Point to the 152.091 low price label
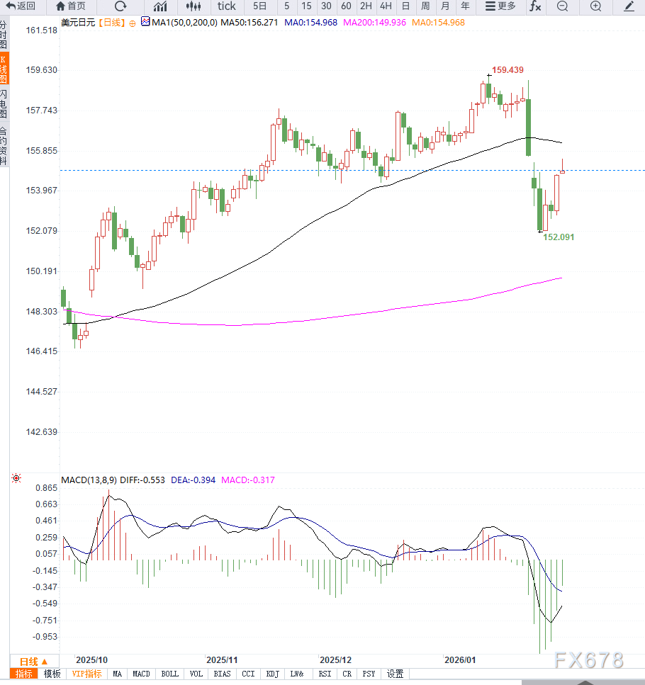(x=559, y=237)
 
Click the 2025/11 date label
(x=220, y=659)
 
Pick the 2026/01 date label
(x=459, y=659)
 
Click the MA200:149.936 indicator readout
(x=374, y=23)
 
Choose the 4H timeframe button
(x=386, y=6)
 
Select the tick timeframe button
(x=227, y=6)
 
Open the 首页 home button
(x=71, y=6)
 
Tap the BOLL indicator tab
(x=170, y=674)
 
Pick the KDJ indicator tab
(x=273, y=674)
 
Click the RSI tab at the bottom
(x=325, y=674)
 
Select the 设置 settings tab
(x=395, y=674)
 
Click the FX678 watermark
(x=589, y=661)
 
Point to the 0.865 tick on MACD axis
(x=46, y=489)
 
